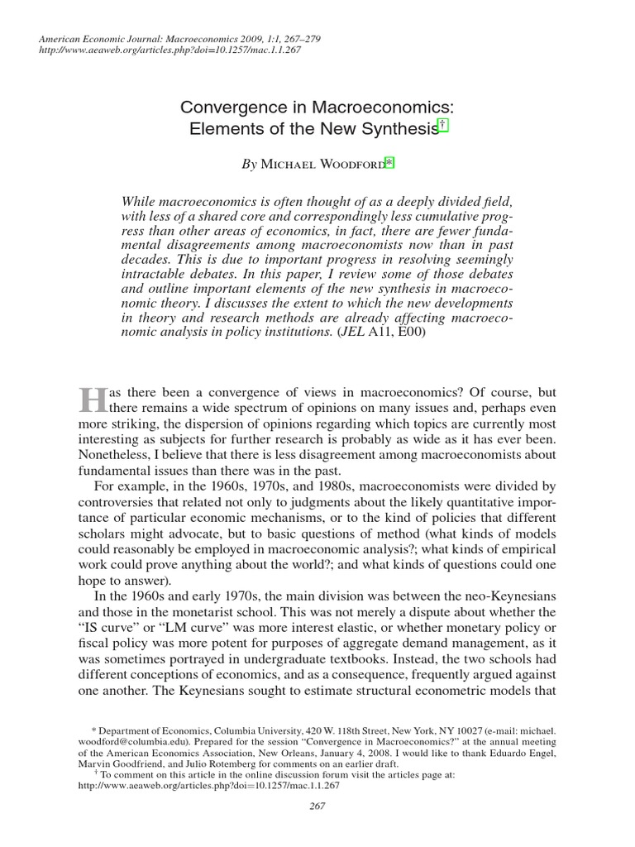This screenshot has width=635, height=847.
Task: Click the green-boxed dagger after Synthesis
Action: (443, 126)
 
